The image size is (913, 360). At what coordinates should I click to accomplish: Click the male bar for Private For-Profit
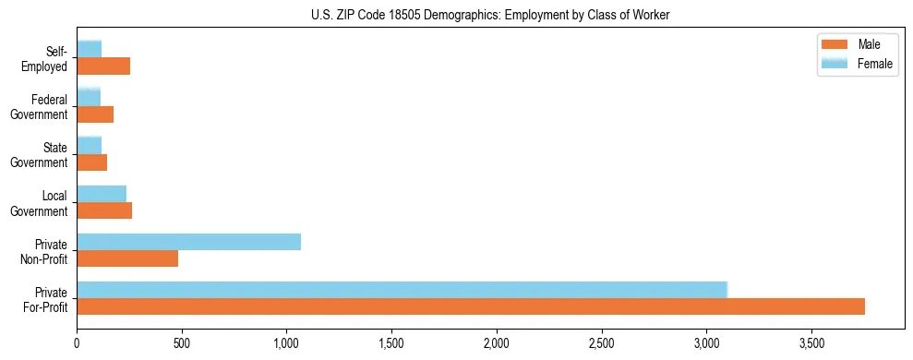[x=471, y=306]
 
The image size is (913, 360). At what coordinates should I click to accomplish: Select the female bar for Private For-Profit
[x=402, y=290]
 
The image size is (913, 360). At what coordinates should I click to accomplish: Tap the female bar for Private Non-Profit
[x=188, y=242]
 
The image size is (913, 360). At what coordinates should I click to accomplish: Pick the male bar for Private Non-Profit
[x=127, y=258]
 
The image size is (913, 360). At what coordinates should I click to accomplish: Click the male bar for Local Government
[x=104, y=210]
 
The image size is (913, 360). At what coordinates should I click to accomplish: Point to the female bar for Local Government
[x=102, y=194]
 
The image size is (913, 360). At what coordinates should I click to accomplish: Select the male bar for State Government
[x=92, y=162]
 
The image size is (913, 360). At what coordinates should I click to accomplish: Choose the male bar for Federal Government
[x=95, y=114]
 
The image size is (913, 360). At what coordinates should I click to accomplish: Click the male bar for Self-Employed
[x=103, y=66]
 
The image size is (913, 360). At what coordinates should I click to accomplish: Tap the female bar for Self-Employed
[x=90, y=50]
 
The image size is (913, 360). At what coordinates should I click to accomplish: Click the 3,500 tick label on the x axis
[x=811, y=343]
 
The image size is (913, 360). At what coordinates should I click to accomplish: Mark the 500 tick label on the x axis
[x=182, y=343]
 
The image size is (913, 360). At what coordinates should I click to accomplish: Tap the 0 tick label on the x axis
[x=78, y=343]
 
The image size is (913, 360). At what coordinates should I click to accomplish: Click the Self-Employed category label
[x=48, y=58]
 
